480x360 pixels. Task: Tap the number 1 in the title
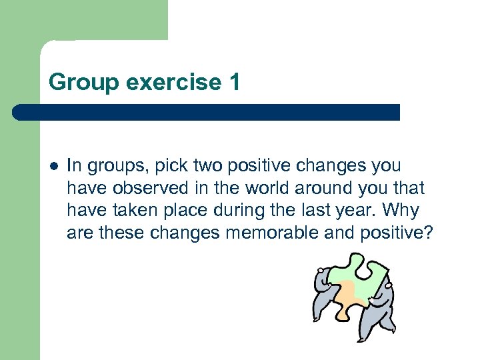(233, 82)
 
